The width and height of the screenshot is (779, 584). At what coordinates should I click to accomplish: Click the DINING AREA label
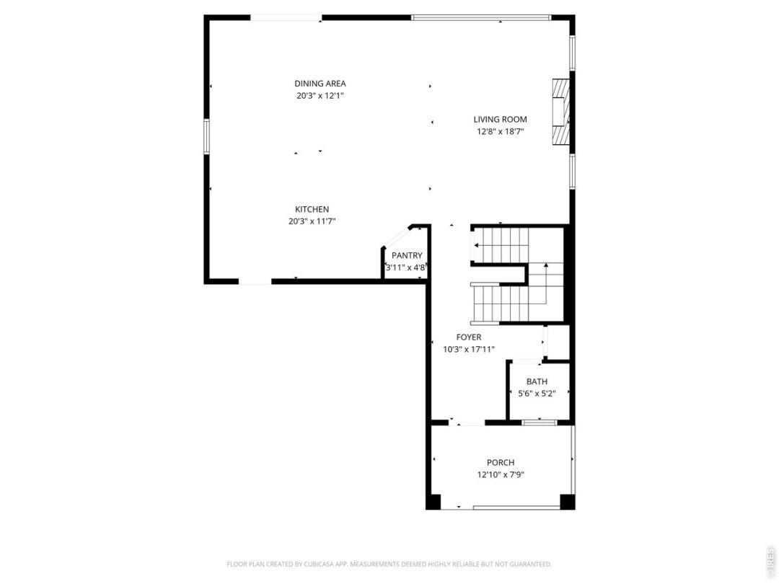320,84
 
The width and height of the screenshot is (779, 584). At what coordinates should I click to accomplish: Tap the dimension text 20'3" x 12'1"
320,96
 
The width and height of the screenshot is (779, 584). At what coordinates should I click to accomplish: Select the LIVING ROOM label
500,119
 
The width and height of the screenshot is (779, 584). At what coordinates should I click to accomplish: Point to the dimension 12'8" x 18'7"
500,132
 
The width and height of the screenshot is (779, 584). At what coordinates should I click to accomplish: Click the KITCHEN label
312,209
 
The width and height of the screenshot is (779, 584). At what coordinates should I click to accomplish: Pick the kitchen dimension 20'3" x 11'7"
312,221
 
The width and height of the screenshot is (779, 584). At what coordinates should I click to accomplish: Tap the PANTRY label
407,255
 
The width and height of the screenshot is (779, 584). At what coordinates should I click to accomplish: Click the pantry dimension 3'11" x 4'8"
406,267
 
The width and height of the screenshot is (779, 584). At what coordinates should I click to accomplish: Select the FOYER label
469,337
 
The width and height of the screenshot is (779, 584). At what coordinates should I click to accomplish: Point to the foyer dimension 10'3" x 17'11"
469,350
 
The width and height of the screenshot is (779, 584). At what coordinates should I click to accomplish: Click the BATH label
537,381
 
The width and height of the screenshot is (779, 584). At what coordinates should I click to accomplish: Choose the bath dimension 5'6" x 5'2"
537,394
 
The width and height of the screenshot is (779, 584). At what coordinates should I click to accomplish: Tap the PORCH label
501,462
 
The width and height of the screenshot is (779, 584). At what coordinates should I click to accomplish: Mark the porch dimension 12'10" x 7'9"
501,474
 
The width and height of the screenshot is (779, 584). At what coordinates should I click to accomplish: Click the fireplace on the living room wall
561,112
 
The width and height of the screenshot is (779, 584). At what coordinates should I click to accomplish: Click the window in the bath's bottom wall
540,422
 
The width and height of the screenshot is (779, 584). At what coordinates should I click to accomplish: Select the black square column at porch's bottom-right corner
568,502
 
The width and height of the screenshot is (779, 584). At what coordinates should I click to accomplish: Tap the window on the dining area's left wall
207,136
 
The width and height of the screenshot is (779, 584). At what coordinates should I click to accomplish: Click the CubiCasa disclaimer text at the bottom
389,564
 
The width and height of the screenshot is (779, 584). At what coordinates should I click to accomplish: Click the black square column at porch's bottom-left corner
433,502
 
